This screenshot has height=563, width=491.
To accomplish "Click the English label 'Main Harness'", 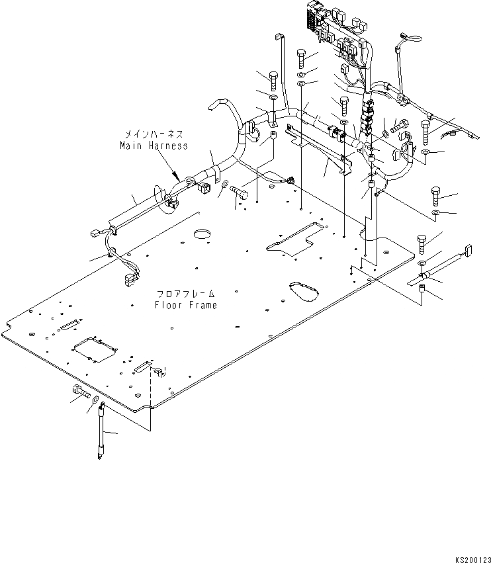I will [x=154, y=145].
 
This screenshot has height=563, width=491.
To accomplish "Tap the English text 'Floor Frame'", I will [x=186, y=305].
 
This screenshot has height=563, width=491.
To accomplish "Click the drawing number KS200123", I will [x=469, y=558].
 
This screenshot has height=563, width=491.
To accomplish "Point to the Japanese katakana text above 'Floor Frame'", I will [x=186, y=293].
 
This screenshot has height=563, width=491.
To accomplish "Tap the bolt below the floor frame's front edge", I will [x=79, y=393].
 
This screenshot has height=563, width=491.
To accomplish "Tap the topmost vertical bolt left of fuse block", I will [x=302, y=58].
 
